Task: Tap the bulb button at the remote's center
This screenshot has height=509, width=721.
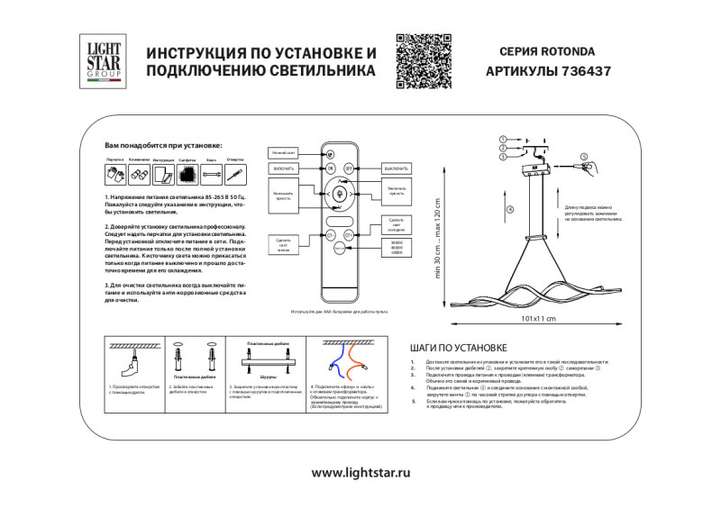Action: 340,194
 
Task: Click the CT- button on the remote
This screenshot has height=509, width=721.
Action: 330,234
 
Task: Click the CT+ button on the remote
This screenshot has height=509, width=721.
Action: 350,234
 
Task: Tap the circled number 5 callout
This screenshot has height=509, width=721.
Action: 583,157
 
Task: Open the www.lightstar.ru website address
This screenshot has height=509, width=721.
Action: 360,472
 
